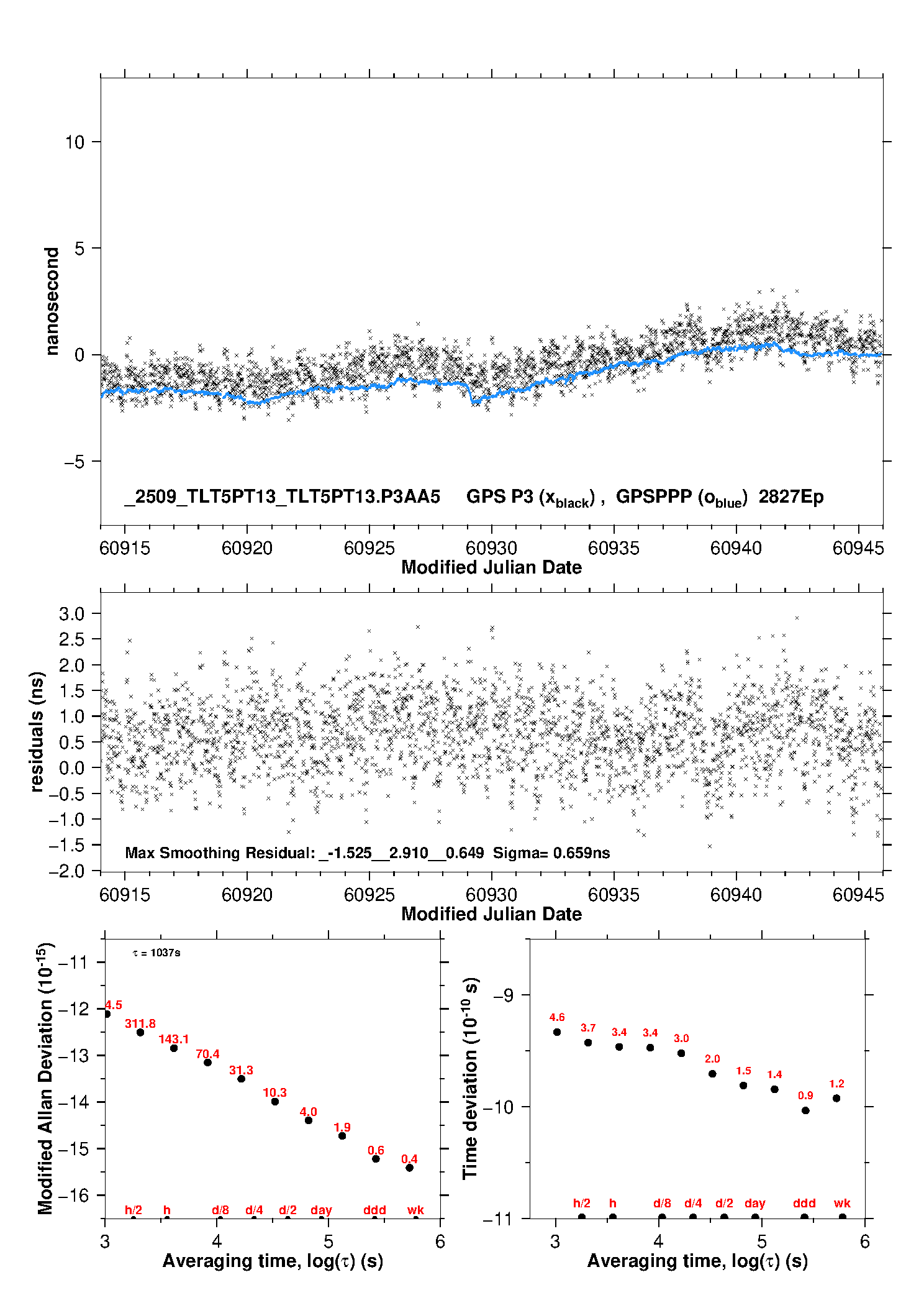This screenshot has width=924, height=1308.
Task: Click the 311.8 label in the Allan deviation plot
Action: [x=140, y=1023]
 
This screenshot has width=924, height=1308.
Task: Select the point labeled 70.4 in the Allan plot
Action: [x=207, y=1063]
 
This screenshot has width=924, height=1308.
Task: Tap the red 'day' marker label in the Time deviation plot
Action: [x=754, y=1203]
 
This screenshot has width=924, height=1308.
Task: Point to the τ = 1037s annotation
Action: [x=156, y=953]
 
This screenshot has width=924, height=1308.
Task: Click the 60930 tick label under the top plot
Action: [x=491, y=548]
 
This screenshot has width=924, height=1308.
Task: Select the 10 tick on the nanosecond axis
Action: [x=75, y=142]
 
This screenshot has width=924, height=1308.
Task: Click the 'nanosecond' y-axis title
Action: [x=52, y=301]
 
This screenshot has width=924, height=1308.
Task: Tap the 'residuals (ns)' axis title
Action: [x=37, y=731]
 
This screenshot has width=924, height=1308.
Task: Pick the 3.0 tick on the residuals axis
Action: [x=71, y=614]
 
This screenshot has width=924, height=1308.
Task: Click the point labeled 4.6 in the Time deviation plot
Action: [x=557, y=1032]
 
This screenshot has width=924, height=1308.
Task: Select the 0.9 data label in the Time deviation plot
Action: [x=805, y=1095]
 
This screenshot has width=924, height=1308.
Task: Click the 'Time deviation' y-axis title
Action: [x=471, y=1078]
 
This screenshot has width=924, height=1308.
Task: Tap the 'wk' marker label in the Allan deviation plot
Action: [x=415, y=1210]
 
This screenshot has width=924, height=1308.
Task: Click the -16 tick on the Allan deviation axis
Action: [x=73, y=1195]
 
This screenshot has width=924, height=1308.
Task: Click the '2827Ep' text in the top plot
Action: [x=791, y=496]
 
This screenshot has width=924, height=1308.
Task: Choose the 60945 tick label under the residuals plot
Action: [x=858, y=895]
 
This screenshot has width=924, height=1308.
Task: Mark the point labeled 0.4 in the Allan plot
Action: [x=409, y=1168]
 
